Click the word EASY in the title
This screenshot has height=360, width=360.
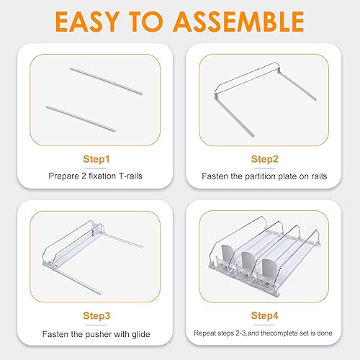tap(86, 22)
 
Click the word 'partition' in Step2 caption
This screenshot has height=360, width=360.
tap(257, 175)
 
